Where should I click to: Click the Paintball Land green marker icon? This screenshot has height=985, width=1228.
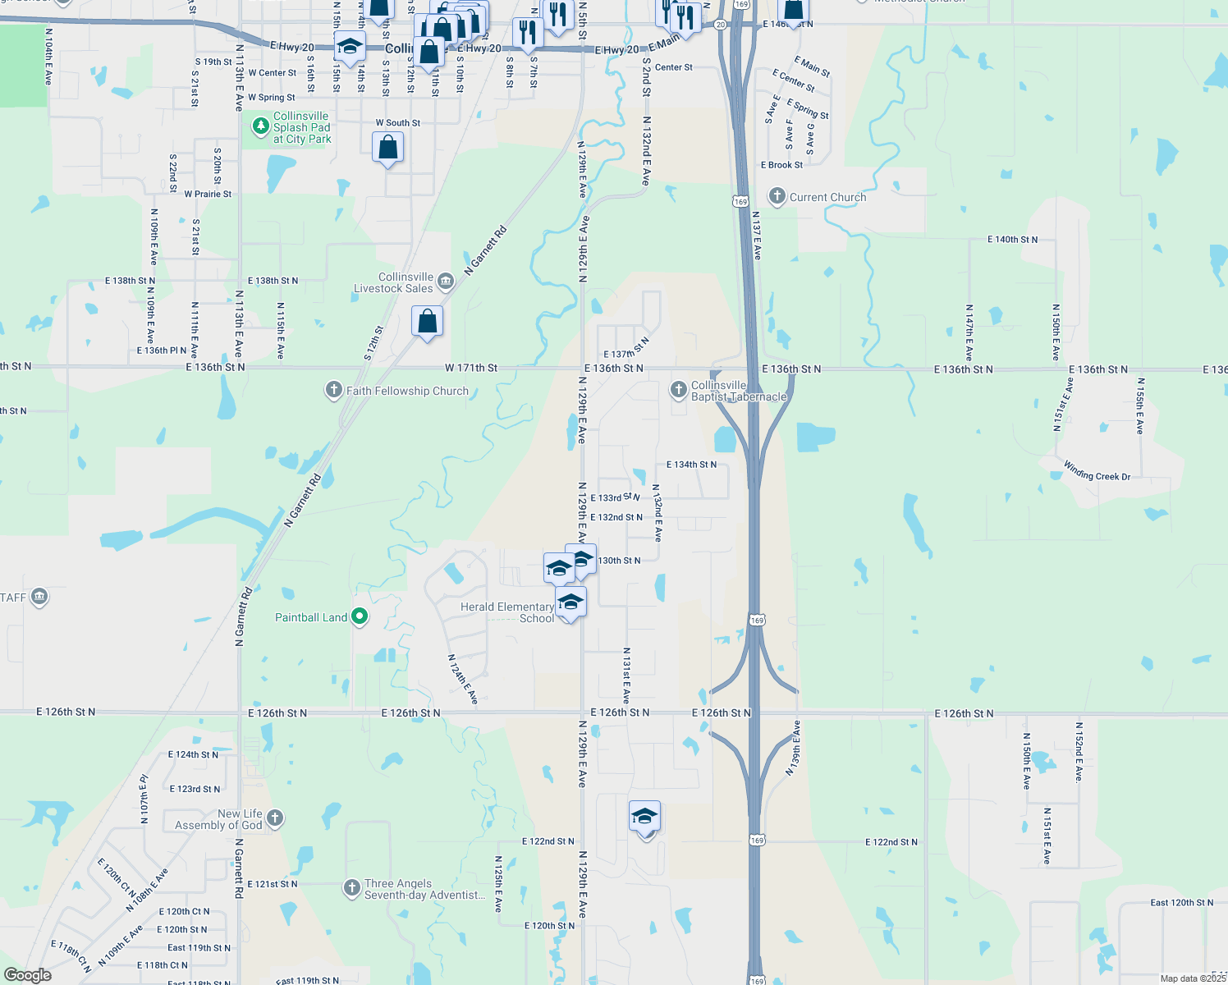tap(359, 616)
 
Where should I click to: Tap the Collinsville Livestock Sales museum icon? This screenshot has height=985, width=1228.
tap(446, 282)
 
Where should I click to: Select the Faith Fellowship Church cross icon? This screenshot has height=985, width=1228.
tap(333, 390)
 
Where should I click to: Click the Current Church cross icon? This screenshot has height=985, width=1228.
tap(777, 196)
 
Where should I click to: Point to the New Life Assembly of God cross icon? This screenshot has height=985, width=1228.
tap(275, 818)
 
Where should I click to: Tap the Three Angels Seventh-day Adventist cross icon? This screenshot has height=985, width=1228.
tap(351, 887)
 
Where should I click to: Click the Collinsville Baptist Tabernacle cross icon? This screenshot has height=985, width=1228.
tap(678, 389)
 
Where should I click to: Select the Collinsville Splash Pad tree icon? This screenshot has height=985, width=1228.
tap(260, 126)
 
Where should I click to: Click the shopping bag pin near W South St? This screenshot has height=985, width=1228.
tap(387, 149)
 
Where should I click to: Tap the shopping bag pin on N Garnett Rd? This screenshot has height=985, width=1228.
tap(427, 321)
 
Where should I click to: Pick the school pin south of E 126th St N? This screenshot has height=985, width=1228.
tap(644, 817)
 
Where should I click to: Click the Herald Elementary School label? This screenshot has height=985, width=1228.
tap(507, 612)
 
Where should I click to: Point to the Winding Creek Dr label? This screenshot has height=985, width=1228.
tap(1097, 470)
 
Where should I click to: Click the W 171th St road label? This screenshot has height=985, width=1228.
tap(471, 368)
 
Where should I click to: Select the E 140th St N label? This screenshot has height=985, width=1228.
tap(1012, 240)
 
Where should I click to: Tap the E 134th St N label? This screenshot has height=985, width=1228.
tap(691, 465)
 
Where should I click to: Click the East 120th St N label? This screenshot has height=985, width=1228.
tap(1182, 902)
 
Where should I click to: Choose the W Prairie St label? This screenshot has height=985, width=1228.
tap(208, 195)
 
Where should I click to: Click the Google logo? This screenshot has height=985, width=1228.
tap(28, 975)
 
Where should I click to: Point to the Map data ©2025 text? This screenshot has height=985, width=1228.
tap(1193, 978)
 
